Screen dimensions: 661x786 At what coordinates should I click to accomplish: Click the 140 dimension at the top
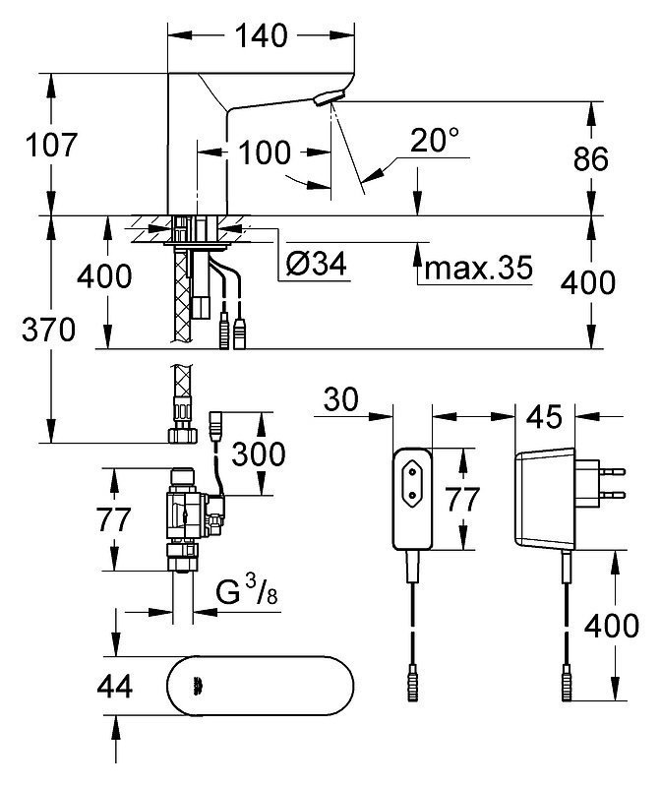click(261, 35)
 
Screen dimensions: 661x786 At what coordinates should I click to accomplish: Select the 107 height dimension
click(51, 145)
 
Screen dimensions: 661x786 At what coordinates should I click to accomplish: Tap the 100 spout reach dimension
click(264, 152)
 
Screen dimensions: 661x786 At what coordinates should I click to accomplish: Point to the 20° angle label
click(434, 140)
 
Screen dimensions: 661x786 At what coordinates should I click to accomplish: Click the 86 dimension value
click(591, 158)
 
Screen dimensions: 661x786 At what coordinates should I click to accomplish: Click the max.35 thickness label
click(478, 268)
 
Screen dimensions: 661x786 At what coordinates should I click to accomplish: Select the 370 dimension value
click(48, 330)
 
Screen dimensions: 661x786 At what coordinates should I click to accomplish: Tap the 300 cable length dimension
click(259, 453)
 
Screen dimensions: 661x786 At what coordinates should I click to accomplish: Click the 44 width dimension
click(115, 687)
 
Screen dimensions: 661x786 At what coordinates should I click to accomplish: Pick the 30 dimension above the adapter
click(341, 399)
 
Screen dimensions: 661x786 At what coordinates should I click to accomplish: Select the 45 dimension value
click(545, 416)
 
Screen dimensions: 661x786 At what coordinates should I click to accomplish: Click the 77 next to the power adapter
click(462, 500)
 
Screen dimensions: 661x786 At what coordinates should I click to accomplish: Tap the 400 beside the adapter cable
click(612, 626)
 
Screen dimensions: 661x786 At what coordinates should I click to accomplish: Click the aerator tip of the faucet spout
click(330, 96)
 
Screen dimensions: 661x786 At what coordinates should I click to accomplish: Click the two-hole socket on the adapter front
click(413, 483)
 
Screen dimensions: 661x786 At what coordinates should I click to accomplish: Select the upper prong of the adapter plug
click(613, 471)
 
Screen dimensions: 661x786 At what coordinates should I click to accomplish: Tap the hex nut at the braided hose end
click(182, 435)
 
